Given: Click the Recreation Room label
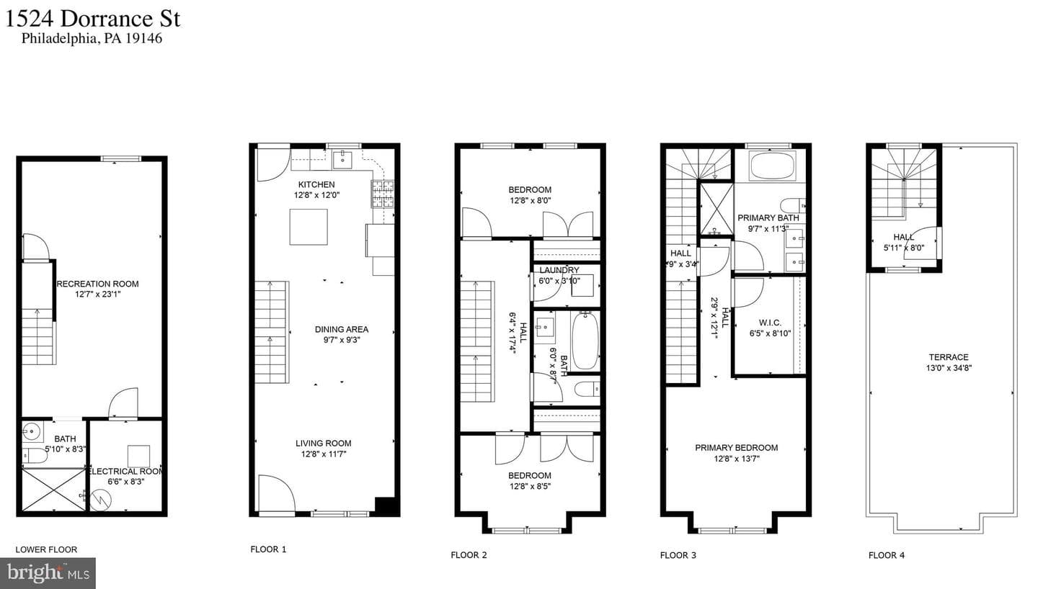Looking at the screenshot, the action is pos(97,284).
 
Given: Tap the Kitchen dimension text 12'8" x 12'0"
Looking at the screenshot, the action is pos(316,195).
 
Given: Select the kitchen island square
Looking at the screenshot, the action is pos(309,227).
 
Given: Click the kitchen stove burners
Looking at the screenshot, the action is pos(382,194).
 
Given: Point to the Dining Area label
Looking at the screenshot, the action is pos(342,329).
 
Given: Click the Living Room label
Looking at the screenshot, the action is pos(324,443).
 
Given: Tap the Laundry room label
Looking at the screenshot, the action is pos(559,270).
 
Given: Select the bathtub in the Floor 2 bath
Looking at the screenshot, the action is pos(585,341).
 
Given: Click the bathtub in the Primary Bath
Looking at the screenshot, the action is pos(771,166).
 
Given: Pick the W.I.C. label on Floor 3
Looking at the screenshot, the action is pos(770,323).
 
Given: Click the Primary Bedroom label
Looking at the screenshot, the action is pos(737,448).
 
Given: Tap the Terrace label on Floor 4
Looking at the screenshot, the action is pos(949,357).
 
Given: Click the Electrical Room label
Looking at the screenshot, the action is pos(126,472).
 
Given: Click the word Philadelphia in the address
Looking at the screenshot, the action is pos(60,38).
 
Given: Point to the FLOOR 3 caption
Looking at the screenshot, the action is pos(678,555).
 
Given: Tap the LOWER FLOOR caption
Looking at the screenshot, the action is pos(46,549).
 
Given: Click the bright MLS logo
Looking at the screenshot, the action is pos(48,573).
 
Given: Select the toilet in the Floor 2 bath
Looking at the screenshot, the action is pos(586,389).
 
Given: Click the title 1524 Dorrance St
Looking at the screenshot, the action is pos(92,19).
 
